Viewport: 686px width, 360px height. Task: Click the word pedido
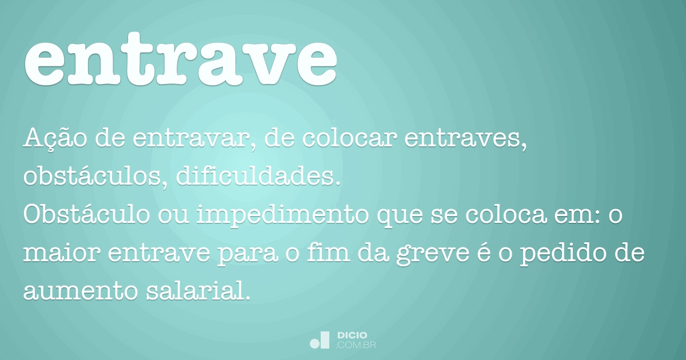(x=566, y=254)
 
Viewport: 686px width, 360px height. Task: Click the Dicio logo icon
(x=320, y=340)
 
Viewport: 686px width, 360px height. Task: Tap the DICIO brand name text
(x=352, y=335)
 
